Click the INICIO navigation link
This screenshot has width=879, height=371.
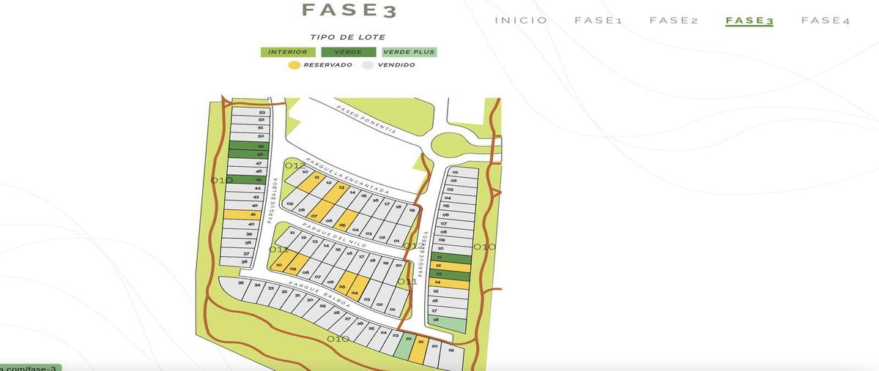click(x=521, y=20)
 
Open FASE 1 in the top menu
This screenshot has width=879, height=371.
click(x=598, y=20)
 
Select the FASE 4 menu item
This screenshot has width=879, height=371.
click(x=826, y=20)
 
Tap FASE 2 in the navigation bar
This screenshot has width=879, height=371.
click(x=673, y=20)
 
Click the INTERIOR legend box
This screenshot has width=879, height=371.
click(x=288, y=52)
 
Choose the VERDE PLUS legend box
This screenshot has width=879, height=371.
click(x=409, y=52)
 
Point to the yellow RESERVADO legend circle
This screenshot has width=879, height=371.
click(x=294, y=65)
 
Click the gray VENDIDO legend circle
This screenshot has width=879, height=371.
click(x=368, y=65)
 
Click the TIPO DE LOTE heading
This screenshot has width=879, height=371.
click(x=347, y=37)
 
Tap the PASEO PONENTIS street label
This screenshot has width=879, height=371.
click(x=366, y=119)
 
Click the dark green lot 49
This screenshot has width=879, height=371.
click(x=250, y=146)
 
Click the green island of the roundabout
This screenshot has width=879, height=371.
click(x=454, y=146)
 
